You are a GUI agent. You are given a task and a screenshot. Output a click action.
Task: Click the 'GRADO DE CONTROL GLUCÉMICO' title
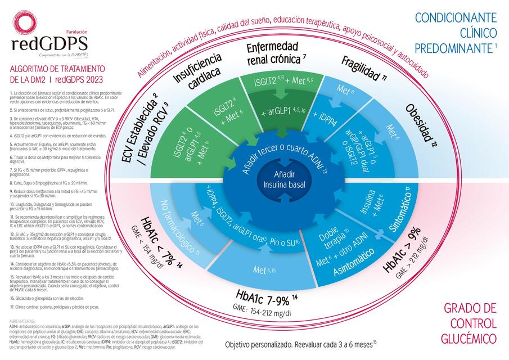coord(470,323)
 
